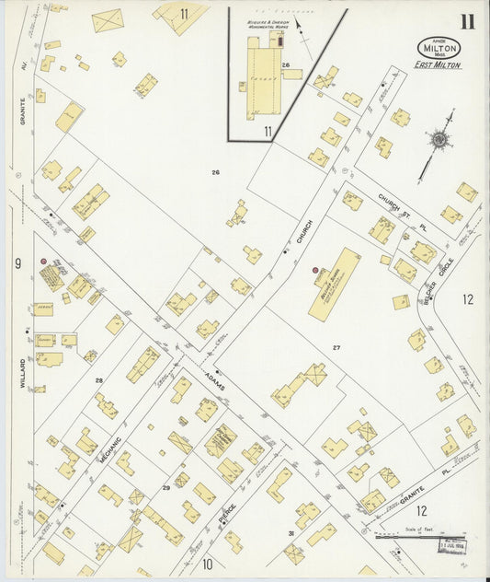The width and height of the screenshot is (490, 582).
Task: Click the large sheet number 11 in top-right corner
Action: [468, 21]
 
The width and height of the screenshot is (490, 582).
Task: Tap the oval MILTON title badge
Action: [439, 47]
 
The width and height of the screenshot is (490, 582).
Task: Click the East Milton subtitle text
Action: [439, 65]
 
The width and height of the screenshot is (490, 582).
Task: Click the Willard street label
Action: [23, 372]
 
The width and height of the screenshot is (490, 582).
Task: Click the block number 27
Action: [336, 347]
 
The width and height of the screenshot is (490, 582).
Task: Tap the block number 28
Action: [98, 379]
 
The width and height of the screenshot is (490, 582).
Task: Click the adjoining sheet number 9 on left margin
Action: [17, 264]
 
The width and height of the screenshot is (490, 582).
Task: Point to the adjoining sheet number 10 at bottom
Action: [208, 564]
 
